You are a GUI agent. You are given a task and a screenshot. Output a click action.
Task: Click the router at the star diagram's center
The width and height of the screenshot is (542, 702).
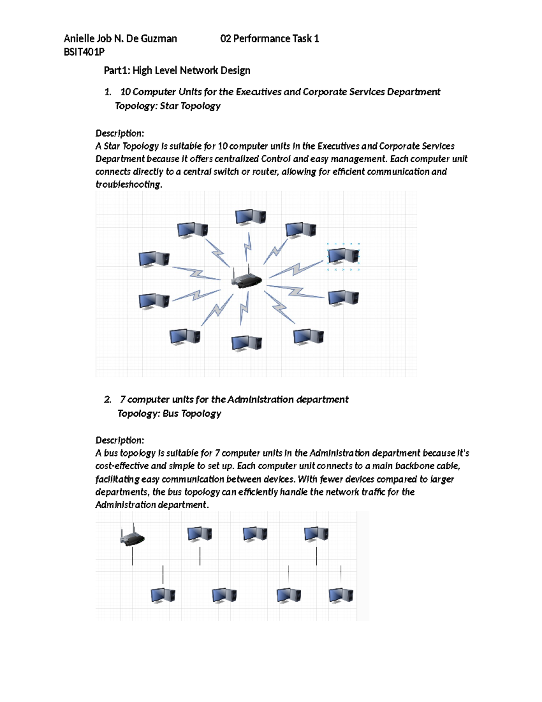(246, 278)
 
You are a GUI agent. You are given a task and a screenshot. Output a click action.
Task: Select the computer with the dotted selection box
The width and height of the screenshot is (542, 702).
(343, 256)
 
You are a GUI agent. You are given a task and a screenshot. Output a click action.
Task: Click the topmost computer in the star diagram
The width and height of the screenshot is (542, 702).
(251, 217)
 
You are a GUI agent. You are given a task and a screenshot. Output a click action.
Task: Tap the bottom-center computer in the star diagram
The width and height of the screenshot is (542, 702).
(247, 343)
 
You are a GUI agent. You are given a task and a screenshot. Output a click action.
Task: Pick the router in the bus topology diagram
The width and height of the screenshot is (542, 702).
(132, 537)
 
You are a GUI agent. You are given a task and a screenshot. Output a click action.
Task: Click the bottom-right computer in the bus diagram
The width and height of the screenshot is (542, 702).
(341, 595)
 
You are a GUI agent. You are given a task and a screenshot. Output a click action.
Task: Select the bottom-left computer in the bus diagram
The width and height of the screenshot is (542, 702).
(163, 595)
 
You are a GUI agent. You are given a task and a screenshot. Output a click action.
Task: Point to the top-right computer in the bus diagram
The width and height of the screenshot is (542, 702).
(316, 534)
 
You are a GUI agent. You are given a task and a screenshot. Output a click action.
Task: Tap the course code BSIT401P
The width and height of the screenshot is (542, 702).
(84, 52)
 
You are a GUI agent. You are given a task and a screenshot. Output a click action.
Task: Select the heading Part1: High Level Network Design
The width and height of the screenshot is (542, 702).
(177, 71)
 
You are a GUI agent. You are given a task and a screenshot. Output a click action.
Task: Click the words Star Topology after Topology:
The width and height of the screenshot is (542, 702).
(190, 106)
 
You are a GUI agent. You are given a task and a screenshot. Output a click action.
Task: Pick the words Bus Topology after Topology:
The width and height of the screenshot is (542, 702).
(192, 414)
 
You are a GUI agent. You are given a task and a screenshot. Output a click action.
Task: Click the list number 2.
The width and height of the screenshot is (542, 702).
(107, 400)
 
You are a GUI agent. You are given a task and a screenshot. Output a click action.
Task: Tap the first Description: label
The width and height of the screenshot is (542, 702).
(120, 133)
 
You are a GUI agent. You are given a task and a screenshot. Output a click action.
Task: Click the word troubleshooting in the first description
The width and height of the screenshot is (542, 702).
(128, 184)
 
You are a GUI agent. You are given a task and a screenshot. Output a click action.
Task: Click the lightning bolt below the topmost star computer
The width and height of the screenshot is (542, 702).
(248, 247)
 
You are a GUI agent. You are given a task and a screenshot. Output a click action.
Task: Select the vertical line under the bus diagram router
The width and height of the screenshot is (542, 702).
(132, 556)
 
